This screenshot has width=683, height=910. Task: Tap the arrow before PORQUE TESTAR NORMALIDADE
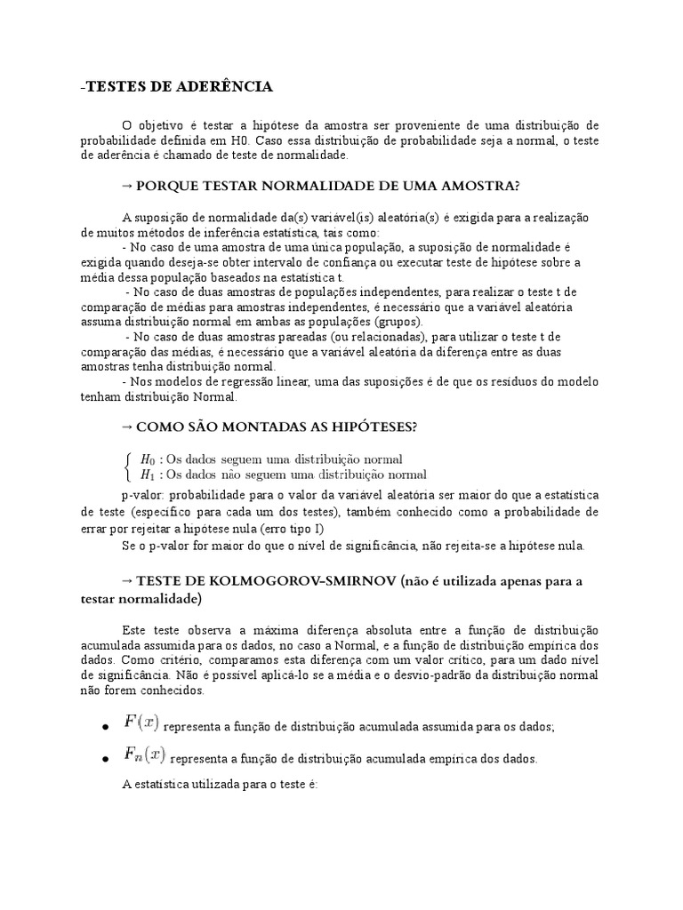coord(126,186)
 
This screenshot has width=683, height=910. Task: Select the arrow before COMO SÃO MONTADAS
coord(126,427)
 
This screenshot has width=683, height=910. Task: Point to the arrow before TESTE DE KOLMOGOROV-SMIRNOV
coord(126,581)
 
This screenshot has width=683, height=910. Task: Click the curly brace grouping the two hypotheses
coord(130,467)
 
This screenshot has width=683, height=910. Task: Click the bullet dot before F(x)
coord(105,727)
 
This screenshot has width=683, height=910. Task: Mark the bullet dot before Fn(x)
coord(105,760)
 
